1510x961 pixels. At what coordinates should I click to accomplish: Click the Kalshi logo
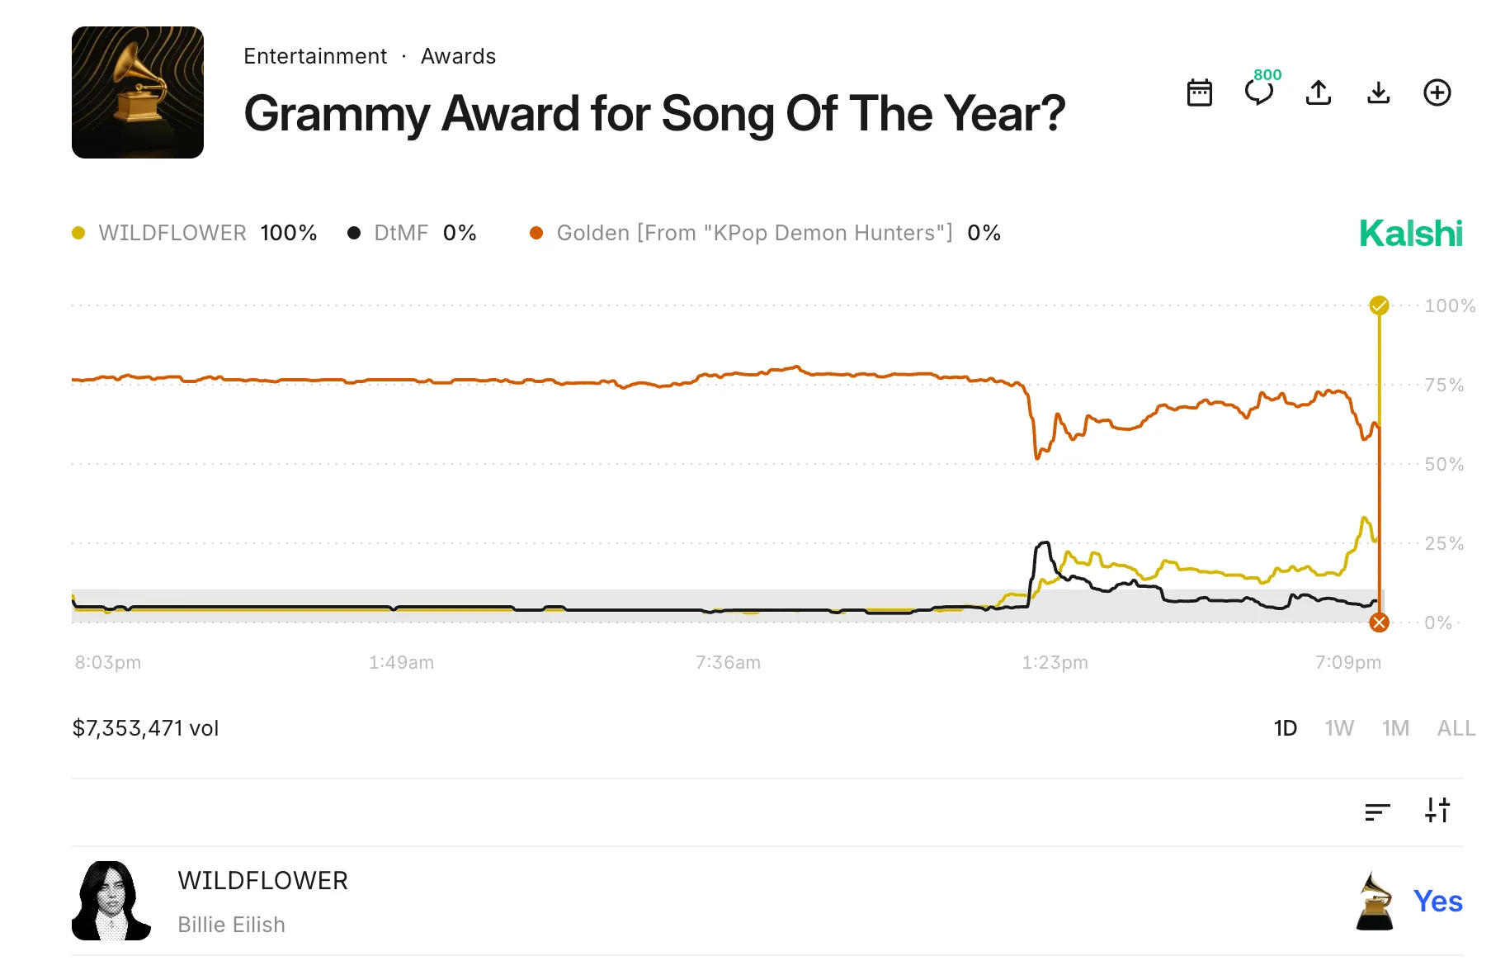click(x=1410, y=234)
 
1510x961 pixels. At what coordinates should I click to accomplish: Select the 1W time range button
click(x=1339, y=728)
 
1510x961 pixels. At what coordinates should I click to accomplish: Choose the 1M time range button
click(x=1395, y=728)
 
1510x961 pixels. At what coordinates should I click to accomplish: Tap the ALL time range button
click(x=1456, y=728)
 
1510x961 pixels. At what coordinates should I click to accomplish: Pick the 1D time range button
click(x=1285, y=728)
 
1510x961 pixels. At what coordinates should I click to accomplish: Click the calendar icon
click(x=1199, y=92)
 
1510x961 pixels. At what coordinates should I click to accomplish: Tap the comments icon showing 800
click(x=1259, y=91)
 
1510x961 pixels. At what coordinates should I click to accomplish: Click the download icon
click(x=1378, y=92)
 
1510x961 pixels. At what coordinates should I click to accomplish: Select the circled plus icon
click(x=1437, y=92)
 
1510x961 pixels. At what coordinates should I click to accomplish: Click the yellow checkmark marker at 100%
click(x=1379, y=305)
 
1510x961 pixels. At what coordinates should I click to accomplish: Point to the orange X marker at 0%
click(x=1379, y=623)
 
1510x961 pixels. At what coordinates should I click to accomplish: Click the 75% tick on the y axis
click(x=1443, y=385)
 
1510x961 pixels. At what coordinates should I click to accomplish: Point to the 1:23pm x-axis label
click(x=1055, y=662)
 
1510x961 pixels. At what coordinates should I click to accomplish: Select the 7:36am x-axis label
click(x=728, y=662)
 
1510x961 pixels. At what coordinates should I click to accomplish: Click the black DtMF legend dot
click(x=354, y=233)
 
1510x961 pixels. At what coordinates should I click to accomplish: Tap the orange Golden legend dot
click(x=536, y=233)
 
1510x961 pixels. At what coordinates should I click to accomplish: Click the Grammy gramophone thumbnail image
click(x=138, y=92)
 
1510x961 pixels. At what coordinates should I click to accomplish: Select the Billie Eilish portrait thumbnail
click(x=111, y=901)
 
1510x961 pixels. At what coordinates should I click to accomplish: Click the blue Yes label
click(x=1437, y=901)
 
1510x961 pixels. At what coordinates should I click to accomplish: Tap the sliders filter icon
click(x=1437, y=810)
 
